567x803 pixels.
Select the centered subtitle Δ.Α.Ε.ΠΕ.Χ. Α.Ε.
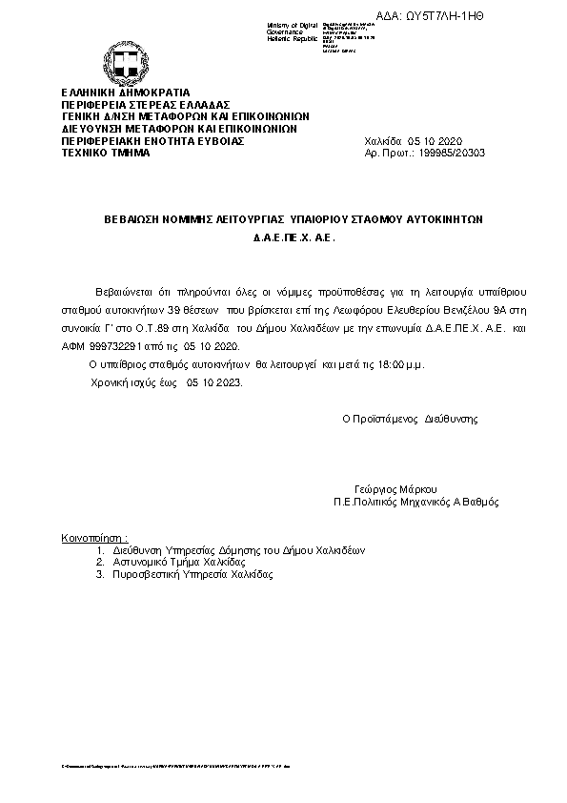[294, 241]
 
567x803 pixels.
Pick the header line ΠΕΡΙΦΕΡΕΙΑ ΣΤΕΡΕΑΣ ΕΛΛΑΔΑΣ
[132, 103]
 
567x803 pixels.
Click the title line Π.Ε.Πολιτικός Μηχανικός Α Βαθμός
[415, 502]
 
